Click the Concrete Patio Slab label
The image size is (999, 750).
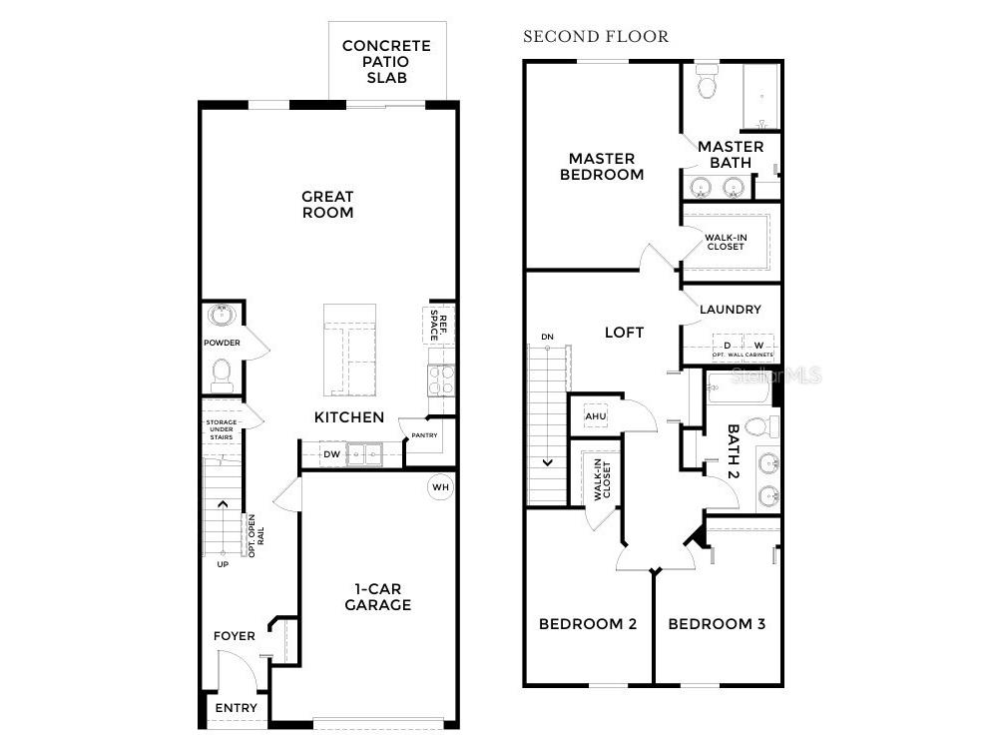click(386, 61)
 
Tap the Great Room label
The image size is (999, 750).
click(327, 205)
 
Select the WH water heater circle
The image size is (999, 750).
click(440, 487)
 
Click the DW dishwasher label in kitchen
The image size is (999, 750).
click(331, 455)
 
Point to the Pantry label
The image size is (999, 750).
click(424, 435)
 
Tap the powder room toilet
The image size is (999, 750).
click(222, 374)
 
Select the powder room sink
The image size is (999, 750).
click(222, 317)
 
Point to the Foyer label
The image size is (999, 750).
click(235, 636)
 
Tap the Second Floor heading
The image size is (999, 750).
click(596, 37)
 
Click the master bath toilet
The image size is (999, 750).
click(708, 83)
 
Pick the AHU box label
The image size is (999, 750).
click(596, 415)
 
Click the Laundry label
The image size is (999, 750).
click(730, 310)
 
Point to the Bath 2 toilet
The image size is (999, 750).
click(758, 428)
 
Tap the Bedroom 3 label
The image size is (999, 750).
click(717, 624)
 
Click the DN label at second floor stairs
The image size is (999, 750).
click(547, 337)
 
